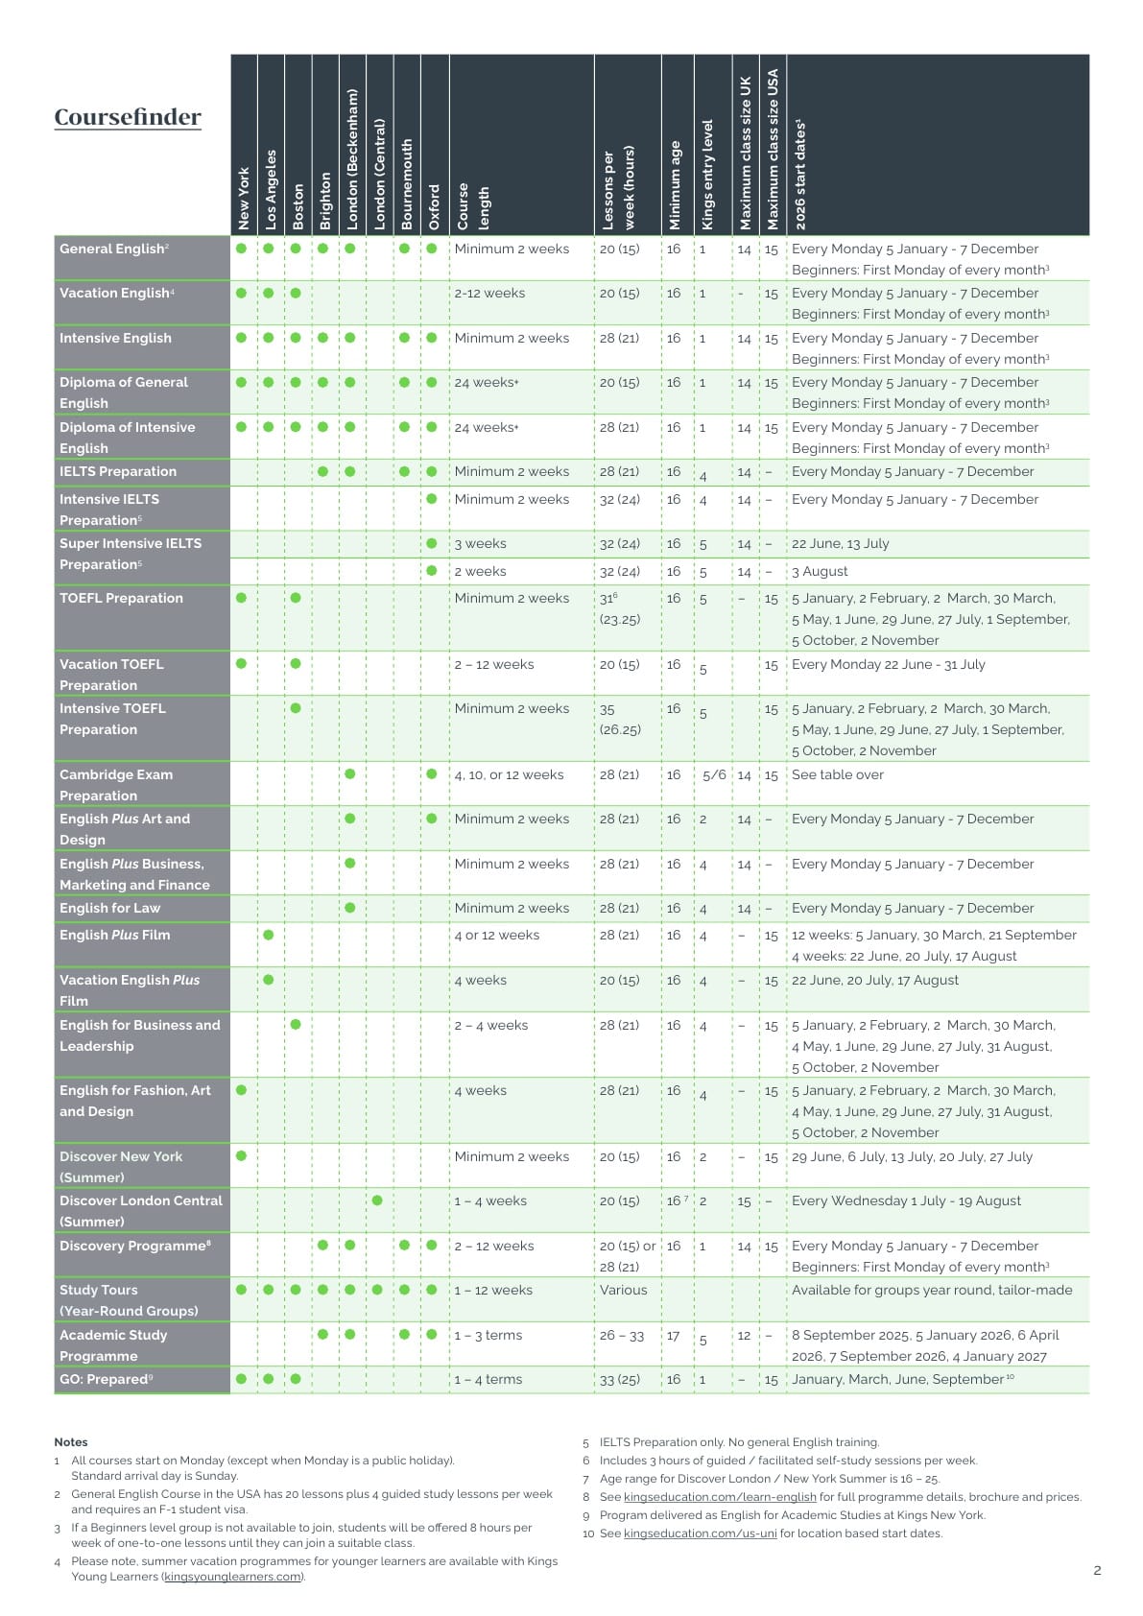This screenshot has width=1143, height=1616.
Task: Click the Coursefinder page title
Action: (128, 117)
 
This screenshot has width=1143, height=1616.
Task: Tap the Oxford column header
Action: (435, 205)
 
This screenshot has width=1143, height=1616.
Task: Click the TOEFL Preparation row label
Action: (121, 598)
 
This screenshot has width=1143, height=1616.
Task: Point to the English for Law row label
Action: (110, 908)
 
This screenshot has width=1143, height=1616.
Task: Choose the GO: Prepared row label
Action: (106, 1379)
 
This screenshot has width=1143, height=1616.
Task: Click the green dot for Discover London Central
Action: (377, 1200)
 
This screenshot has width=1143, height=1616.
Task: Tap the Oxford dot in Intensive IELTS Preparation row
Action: (432, 499)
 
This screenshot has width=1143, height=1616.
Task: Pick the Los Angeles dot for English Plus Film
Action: (269, 935)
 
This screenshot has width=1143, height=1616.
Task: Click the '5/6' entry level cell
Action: (714, 775)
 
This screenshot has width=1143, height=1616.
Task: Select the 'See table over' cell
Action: (837, 774)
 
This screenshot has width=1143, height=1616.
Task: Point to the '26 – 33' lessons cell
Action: (622, 1335)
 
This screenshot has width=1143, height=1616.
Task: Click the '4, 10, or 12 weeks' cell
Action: (509, 774)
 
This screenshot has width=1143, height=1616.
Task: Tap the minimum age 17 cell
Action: (674, 1335)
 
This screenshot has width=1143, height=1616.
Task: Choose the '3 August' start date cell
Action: (820, 571)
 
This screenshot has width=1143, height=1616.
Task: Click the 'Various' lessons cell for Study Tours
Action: (623, 1290)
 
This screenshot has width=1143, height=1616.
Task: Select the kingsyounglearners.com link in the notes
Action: (232, 1576)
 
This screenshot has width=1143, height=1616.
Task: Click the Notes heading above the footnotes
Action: (71, 1441)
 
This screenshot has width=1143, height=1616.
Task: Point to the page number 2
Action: (1097, 1571)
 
